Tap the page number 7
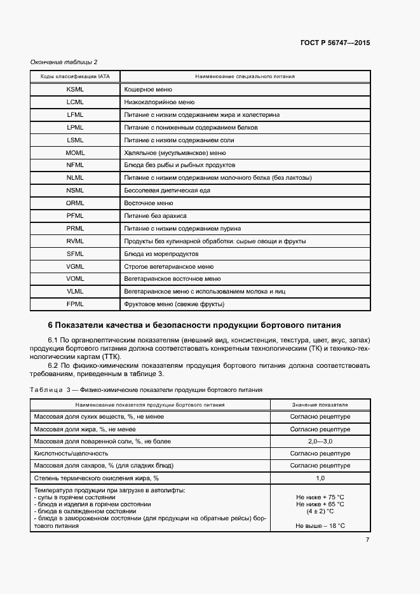(367, 539)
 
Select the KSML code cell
(75, 90)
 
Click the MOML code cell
(75, 152)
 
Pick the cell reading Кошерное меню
(148, 90)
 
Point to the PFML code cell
(75, 216)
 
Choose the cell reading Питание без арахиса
(155, 216)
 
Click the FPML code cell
(75, 304)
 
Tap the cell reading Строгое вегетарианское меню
(168, 266)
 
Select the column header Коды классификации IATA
(75, 76)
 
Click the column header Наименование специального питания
(245, 76)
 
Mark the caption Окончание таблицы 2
(64, 62)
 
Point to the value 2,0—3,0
(320, 441)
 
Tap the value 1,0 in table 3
(320, 478)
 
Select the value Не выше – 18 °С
(320, 525)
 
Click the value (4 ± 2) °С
(320, 511)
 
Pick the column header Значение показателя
(320, 404)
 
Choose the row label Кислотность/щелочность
(71, 454)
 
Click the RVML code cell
(75, 241)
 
